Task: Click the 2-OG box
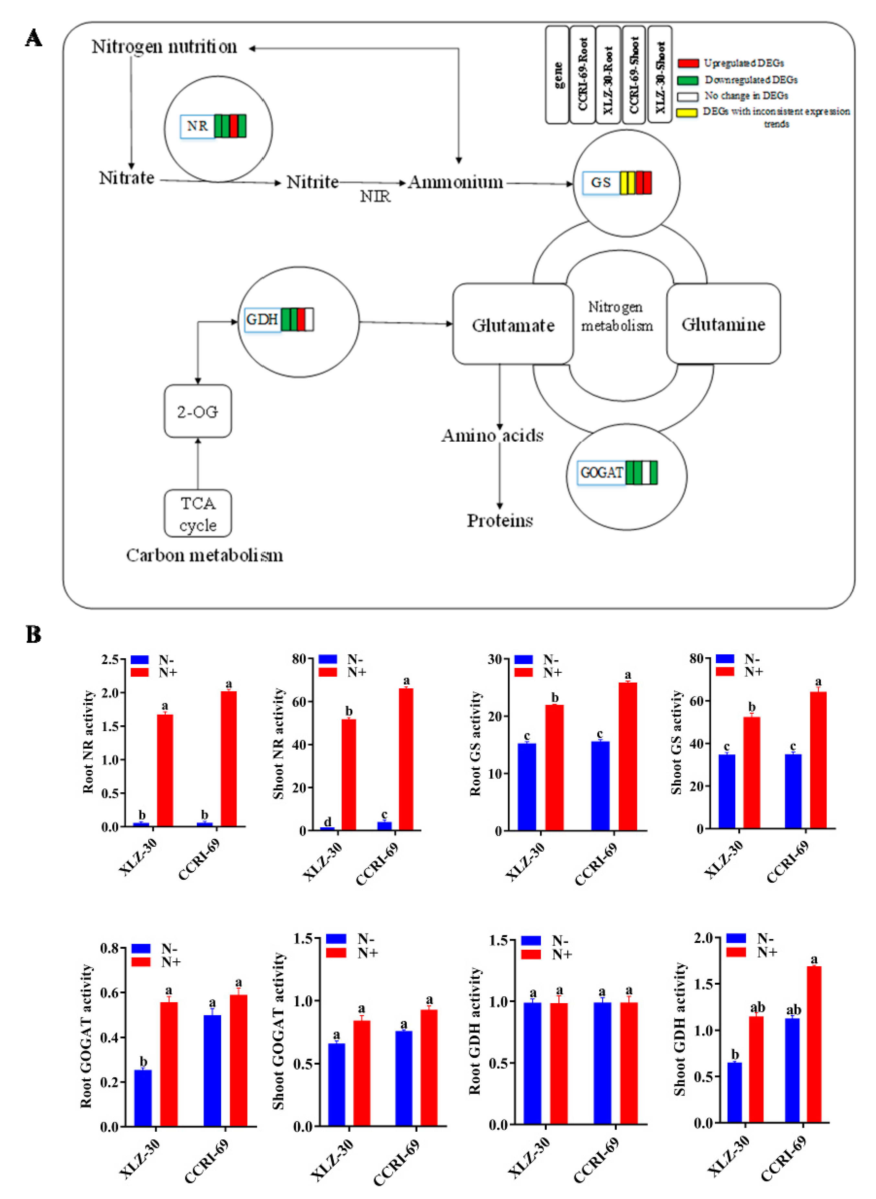click(198, 412)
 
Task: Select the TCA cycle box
click(198, 514)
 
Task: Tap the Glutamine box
click(723, 324)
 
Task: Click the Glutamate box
click(513, 324)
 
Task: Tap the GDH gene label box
click(262, 320)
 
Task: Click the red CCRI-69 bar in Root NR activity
click(228, 758)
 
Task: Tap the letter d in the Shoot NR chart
click(327, 822)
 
